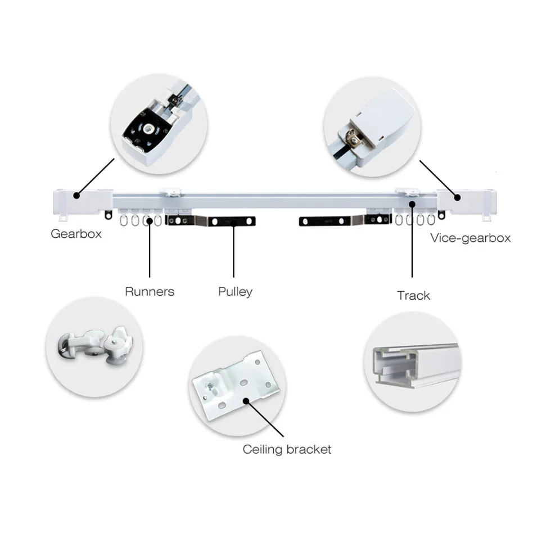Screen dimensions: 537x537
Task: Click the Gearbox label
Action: tap(76, 233)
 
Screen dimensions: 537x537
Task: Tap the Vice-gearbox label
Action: tap(470, 237)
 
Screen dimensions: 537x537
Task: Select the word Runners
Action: tap(150, 291)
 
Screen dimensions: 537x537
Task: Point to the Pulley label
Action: tap(235, 291)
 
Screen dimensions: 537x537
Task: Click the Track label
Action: tap(413, 295)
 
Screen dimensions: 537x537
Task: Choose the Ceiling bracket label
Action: tap(287, 449)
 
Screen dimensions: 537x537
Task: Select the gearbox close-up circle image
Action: tap(159, 123)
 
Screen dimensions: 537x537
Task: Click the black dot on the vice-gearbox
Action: tap(458, 197)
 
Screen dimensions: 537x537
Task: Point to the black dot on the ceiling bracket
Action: tap(246, 400)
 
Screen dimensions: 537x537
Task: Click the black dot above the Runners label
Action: tap(150, 221)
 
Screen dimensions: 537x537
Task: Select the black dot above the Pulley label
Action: tap(235, 222)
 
